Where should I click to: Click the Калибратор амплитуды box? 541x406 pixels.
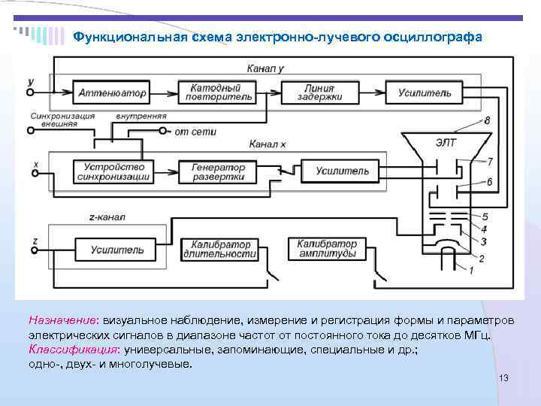pyautogui.click(x=327, y=249)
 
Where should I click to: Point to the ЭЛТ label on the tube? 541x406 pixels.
pyautogui.click(x=446, y=141)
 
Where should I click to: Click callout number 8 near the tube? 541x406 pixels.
pyautogui.click(x=487, y=120)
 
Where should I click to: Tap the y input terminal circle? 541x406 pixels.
pyautogui.click(x=31, y=92)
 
